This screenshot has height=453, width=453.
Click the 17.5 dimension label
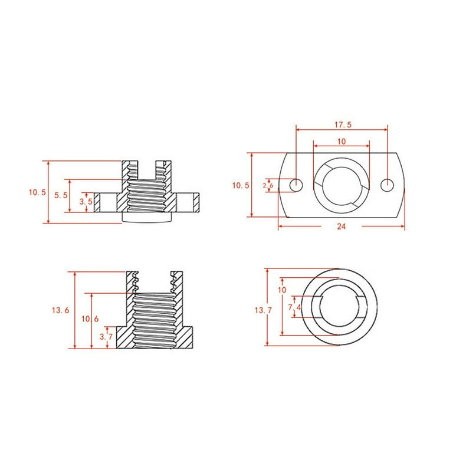pos(341,125)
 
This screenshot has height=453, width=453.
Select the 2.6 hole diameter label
pos(267,185)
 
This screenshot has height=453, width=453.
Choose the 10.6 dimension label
pos(86,319)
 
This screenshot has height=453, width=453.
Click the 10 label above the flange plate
pos(341,142)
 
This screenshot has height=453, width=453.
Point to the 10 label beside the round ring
pos(281,290)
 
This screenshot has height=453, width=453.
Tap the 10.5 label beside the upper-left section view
pos(37,192)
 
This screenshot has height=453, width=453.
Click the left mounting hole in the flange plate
pos(296,185)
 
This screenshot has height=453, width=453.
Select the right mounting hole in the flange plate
pos(387,185)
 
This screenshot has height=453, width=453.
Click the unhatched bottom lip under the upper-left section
pos(147,218)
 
